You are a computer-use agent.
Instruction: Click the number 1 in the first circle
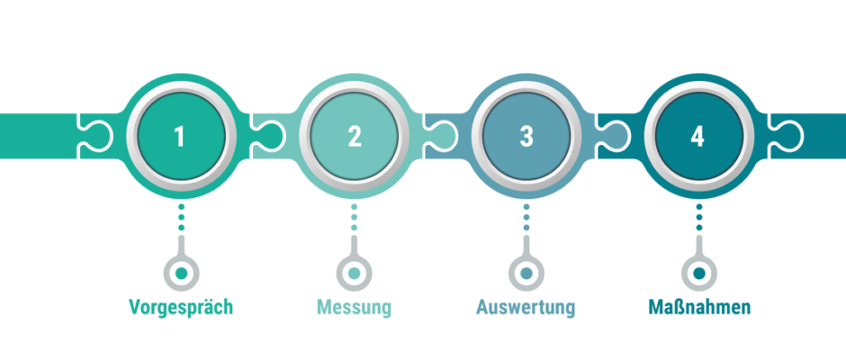(x=181, y=136)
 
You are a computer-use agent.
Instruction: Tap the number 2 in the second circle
(x=354, y=136)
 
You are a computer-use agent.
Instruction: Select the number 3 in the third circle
(x=526, y=136)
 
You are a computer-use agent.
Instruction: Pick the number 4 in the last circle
(x=698, y=136)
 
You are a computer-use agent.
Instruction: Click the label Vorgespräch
(x=181, y=308)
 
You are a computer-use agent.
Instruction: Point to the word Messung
(x=354, y=308)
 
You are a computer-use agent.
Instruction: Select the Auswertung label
(x=526, y=308)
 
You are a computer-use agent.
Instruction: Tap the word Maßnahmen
(x=699, y=308)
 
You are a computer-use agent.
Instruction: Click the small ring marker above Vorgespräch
(x=181, y=273)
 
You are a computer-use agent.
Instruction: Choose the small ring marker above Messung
(x=354, y=273)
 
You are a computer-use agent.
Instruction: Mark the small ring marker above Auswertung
(x=526, y=273)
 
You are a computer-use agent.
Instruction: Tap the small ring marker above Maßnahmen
(x=699, y=273)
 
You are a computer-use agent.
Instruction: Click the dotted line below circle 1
(x=181, y=219)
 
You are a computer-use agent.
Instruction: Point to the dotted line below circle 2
(x=354, y=219)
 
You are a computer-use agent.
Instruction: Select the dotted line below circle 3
(x=526, y=219)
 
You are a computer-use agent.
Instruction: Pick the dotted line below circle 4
(x=699, y=219)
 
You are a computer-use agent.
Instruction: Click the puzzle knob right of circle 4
(x=788, y=135)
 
